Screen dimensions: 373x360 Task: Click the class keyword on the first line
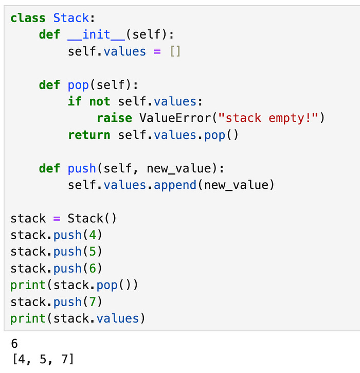28,18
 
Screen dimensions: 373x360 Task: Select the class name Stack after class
71,18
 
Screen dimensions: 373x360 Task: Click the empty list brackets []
175,51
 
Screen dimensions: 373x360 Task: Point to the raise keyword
114,118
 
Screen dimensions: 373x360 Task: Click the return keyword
89,135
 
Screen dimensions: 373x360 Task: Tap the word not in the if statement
100,101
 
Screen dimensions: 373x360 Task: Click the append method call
175,185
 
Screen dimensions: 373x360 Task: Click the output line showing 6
14,343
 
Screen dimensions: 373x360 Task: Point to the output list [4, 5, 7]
42,359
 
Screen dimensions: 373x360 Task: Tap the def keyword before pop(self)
49,85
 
